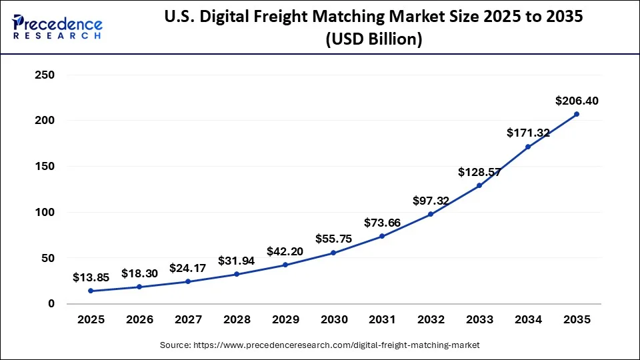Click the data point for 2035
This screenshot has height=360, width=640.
coord(577,114)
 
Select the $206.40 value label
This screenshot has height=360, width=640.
coord(577,101)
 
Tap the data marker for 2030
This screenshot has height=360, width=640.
coord(333,253)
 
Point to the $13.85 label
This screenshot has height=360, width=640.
coord(91,277)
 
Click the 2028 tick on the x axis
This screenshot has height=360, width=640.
coord(236,319)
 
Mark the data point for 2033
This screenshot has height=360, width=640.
coord(479,185)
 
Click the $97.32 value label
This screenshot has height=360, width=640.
coord(431,201)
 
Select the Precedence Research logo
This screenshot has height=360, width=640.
coord(57,25)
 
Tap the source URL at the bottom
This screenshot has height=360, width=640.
coord(320,345)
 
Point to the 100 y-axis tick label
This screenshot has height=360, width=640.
coord(43,212)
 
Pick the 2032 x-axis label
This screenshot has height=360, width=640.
coord(431,319)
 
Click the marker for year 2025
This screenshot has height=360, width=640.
coord(91,291)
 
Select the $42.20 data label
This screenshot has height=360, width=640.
coord(285,251)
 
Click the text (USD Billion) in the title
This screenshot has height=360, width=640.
coord(373,39)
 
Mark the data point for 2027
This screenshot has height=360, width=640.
coord(188,281)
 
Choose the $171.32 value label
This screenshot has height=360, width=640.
coord(528,133)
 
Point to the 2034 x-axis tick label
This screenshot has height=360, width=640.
coord(528,319)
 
